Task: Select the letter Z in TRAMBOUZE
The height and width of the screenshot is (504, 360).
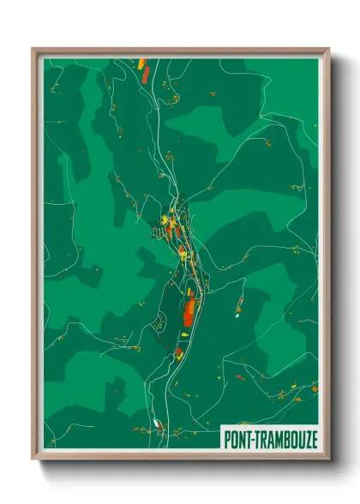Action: click(x=305, y=439)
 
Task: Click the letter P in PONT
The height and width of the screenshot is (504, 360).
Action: click(x=227, y=439)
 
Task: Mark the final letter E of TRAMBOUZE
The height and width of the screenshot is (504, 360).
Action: click(x=313, y=439)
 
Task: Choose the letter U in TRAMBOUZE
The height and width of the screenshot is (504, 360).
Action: click(x=299, y=439)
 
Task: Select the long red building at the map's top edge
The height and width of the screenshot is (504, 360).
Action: click(x=145, y=72)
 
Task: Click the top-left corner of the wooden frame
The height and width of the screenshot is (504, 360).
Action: click(x=33, y=49)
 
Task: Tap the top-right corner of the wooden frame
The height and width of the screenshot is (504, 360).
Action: click(x=329, y=49)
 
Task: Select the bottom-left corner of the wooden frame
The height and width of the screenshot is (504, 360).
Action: click(x=33, y=460)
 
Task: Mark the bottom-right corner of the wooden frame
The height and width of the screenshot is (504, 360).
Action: click(x=329, y=460)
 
